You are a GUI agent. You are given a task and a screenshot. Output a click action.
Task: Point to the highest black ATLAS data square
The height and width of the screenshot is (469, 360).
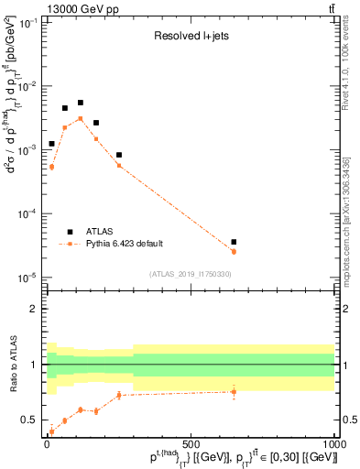click(x=81, y=103)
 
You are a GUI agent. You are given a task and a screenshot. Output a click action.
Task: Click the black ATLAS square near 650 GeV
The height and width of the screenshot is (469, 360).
click(x=234, y=242)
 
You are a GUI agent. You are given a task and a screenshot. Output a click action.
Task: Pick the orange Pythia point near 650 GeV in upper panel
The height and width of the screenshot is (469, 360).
click(x=234, y=251)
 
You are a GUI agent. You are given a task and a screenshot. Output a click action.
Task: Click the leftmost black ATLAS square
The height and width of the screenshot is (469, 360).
click(x=52, y=144)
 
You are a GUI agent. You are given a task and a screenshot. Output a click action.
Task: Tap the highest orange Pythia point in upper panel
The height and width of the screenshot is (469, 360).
click(x=81, y=118)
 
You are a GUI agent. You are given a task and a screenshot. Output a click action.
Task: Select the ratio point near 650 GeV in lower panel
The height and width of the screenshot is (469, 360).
click(x=234, y=392)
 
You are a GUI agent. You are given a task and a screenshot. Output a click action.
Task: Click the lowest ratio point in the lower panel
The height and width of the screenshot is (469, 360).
click(x=52, y=431)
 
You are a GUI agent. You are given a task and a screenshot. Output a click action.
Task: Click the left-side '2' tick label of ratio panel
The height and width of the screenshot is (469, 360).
click(x=35, y=309)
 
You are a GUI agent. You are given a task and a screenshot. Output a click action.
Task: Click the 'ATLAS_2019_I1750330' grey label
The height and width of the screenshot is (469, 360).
click(x=191, y=274)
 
